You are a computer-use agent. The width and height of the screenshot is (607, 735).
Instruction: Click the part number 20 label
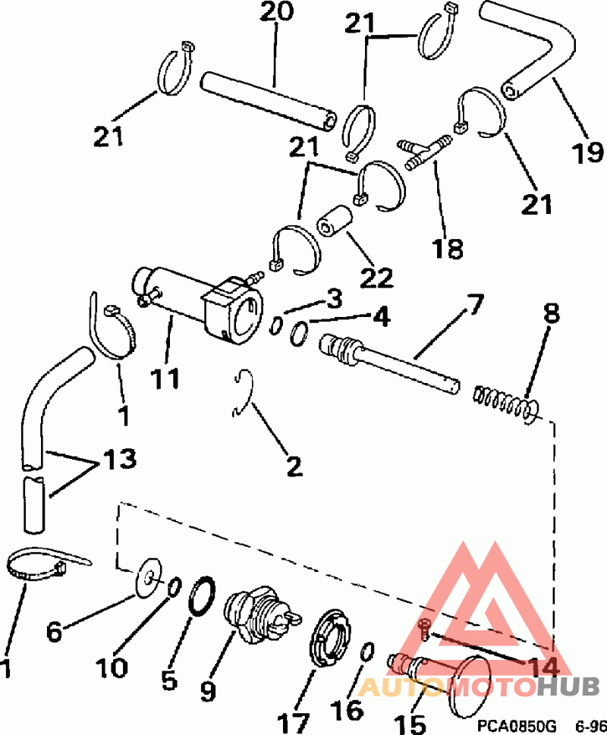(x=276, y=11)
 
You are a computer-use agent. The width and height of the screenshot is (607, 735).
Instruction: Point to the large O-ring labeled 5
(x=203, y=595)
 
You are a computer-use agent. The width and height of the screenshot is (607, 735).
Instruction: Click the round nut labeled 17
(x=331, y=637)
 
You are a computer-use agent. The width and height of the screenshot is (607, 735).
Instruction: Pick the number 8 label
(x=552, y=314)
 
